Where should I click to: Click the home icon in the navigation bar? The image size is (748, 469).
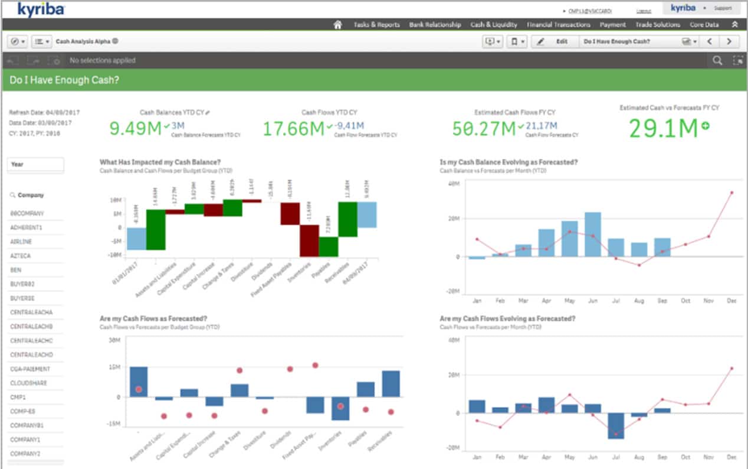337,25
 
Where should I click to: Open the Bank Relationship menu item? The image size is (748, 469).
435,25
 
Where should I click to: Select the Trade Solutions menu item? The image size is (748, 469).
657,25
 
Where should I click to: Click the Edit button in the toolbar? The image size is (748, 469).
554,41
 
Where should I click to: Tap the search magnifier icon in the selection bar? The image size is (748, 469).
717,60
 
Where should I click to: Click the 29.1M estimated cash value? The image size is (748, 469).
662,128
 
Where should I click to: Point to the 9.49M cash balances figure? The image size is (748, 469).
136,128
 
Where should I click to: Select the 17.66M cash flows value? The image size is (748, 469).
293,128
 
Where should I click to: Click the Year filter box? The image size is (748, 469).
35,164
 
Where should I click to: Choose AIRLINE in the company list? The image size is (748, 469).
22,242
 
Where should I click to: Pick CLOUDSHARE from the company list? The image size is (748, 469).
28,383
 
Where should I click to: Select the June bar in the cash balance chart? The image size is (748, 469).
592,234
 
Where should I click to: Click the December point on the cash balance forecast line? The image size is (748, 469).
731,193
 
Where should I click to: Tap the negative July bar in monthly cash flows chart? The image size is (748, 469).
616,425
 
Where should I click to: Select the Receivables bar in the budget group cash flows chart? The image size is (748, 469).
391,383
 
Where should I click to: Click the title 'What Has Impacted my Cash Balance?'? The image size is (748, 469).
160,162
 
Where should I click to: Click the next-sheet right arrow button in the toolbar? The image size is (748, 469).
729,41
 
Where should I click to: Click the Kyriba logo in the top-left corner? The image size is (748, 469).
41,9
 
